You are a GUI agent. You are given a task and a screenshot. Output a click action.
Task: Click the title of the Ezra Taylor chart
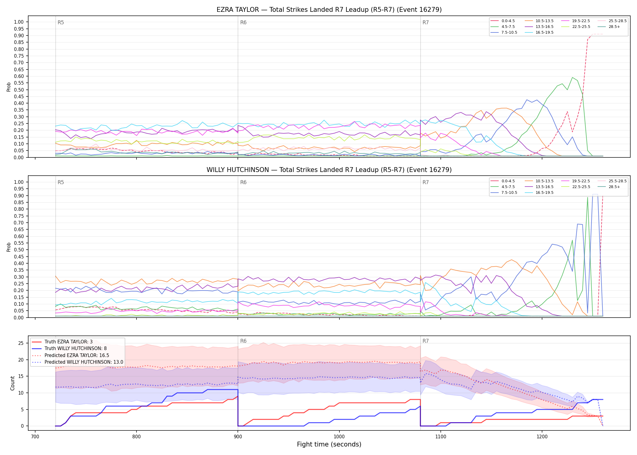[x=329, y=10]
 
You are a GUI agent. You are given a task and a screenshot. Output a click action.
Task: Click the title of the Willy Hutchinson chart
[x=329, y=170]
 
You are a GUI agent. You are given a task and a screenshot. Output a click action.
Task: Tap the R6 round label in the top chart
[x=243, y=22]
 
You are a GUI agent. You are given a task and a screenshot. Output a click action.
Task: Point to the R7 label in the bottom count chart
[x=426, y=341]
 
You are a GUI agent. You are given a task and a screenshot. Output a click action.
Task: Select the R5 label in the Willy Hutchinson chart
[x=61, y=182]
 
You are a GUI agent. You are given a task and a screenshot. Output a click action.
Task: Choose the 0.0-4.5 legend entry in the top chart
[x=503, y=21]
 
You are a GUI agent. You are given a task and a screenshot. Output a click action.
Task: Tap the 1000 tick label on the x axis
[x=339, y=437]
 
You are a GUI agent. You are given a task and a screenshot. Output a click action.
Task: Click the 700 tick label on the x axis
[x=35, y=437]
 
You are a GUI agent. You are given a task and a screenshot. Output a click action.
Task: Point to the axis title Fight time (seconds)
[x=329, y=444]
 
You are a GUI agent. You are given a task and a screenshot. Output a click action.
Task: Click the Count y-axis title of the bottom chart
[x=12, y=383]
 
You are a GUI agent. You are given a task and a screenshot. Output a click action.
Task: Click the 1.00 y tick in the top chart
[x=19, y=22]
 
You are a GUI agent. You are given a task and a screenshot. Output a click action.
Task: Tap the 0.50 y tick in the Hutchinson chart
[x=19, y=250]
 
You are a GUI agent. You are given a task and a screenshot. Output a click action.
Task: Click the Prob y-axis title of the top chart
[x=9, y=87]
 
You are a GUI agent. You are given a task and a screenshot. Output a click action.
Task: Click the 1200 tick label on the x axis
[x=542, y=437]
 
